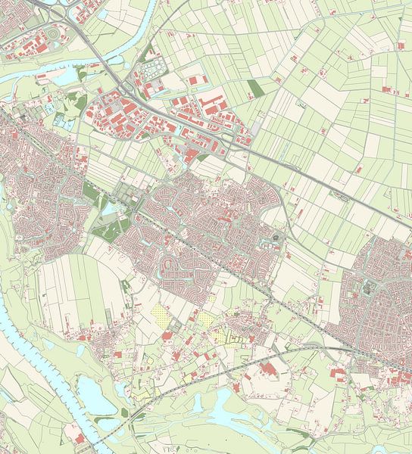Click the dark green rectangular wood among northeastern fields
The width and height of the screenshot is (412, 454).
(256, 89)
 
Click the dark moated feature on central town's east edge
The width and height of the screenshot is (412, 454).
(274, 241)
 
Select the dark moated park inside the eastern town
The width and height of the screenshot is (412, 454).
(370, 286)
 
